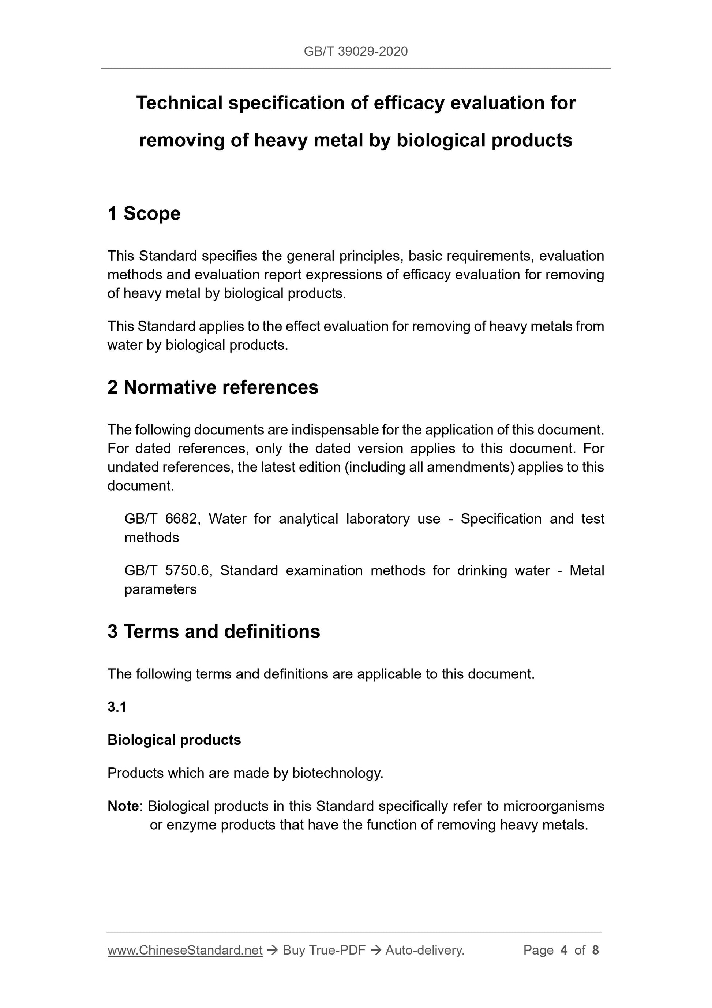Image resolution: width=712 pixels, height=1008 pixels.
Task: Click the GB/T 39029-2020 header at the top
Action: pos(355,51)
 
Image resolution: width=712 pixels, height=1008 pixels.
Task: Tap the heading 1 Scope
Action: pos(144,213)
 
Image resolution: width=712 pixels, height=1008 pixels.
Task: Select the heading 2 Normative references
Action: pos(213,387)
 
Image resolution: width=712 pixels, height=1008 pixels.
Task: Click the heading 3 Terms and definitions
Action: pos(214,631)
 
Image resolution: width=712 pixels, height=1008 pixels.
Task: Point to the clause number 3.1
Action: pos(117,707)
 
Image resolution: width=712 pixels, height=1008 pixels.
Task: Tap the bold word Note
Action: pos(123,806)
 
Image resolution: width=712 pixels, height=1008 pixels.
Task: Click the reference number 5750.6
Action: pos(188,570)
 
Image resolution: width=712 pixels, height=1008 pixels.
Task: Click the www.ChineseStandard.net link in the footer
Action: pos(185,951)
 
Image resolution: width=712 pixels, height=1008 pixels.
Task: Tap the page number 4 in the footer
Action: pos(564,951)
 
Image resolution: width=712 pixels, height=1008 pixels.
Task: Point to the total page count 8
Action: pos(595,951)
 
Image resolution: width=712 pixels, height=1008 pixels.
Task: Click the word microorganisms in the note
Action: pos(553,806)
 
